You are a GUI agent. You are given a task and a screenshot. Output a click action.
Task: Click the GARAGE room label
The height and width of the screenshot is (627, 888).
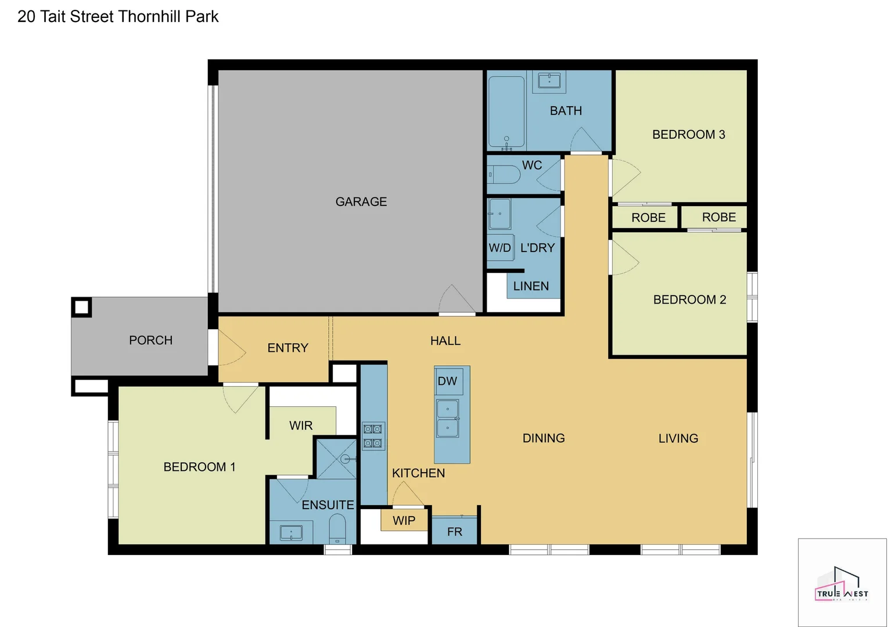pyautogui.click(x=361, y=201)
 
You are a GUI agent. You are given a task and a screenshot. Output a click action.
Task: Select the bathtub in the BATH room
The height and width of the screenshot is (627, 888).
pyautogui.click(x=506, y=111)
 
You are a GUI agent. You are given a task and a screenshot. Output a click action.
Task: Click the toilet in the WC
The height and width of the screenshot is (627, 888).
pyautogui.click(x=504, y=174)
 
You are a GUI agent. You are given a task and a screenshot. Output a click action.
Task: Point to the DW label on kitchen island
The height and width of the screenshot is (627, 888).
pyautogui.click(x=447, y=381)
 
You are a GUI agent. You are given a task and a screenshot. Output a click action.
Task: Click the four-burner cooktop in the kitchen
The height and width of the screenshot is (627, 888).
pyautogui.click(x=372, y=436)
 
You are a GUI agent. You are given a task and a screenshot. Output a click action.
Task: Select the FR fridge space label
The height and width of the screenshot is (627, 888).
pyautogui.click(x=455, y=532)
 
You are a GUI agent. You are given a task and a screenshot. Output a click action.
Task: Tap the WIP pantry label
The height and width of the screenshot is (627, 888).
pyautogui.click(x=404, y=521)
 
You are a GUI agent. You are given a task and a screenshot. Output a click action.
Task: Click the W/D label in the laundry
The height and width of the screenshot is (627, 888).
pyautogui.click(x=499, y=248)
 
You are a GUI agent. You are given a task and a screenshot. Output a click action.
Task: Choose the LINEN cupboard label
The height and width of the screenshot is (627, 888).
pyautogui.click(x=531, y=286)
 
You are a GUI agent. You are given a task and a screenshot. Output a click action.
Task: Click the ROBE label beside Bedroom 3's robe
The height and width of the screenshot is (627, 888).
pyautogui.click(x=648, y=218)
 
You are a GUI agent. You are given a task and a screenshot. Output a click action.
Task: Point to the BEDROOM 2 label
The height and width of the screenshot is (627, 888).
pyautogui.click(x=689, y=300)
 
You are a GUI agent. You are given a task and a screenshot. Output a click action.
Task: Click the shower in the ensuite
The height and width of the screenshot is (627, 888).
pyautogui.click(x=336, y=459)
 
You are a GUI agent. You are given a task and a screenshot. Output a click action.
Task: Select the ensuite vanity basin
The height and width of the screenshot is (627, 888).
pyautogui.click(x=291, y=532)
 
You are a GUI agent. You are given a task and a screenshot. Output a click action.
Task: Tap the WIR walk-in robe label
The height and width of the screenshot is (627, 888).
pyautogui.click(x=301, y=426)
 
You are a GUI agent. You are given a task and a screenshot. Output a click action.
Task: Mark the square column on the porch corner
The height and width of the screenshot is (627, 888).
pyautogui.click(x=81, y=307)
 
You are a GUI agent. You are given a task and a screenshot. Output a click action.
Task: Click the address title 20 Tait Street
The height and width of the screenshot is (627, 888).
pyautogui.click(x=118, y=17)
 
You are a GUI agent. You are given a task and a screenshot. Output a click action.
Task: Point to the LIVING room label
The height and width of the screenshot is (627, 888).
pyautogui.click(x=678, y=438)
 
